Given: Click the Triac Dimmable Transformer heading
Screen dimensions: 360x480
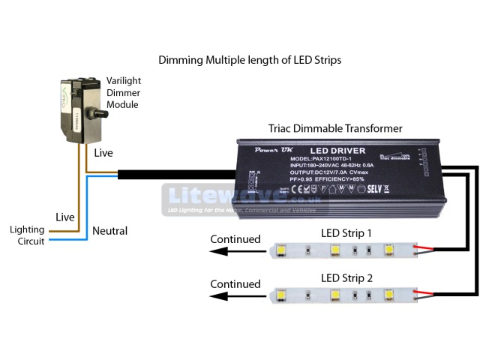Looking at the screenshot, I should coord(335,128).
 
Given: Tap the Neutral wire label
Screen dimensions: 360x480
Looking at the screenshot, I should coord(109,231).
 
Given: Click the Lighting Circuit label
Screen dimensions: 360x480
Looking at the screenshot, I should coord(27,235).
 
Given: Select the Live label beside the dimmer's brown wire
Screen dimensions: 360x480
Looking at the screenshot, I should coord(103,153).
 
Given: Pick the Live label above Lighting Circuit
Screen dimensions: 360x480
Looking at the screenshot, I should coord(65,217).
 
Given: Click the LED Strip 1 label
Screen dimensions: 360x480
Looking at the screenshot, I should coord(346,233).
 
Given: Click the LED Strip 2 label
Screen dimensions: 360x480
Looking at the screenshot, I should coord(346,278).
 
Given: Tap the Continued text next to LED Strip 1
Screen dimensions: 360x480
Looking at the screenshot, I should coord(235,240).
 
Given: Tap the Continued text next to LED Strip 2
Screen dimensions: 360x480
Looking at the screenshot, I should coord(235,284).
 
